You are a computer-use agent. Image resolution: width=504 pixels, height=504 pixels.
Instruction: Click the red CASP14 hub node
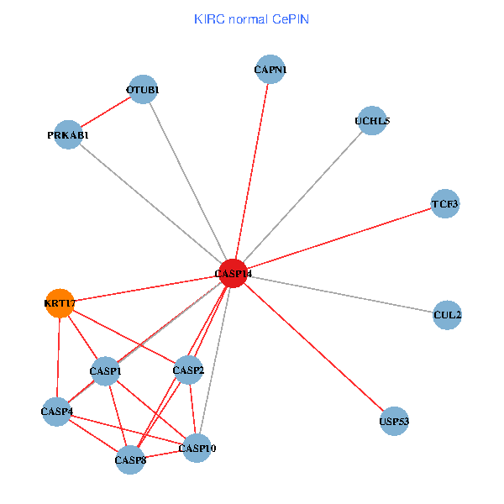(x=233, y=273)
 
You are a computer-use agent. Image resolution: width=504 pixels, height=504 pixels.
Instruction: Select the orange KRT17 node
(x=60, y=303)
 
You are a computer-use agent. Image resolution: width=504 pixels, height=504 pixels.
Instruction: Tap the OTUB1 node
(x=143, y=90)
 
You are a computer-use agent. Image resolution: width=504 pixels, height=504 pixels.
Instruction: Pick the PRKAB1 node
(x=68, y=135)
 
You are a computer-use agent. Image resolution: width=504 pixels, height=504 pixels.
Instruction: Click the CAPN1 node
(x=270, y=71)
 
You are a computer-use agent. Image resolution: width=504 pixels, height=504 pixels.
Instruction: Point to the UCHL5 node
(x=372, y=121)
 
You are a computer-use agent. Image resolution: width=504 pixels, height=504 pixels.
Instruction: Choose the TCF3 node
(x=445, y=204)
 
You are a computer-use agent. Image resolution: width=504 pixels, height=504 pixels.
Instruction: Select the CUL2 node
(x=447, y=315)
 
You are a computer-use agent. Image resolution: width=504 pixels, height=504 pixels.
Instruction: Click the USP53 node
(x=394, y=421)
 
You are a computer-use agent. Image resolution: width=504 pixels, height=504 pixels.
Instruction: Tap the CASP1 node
(x=106, y=371)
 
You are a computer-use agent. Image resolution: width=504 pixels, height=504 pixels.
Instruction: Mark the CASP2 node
(x=188, y=370)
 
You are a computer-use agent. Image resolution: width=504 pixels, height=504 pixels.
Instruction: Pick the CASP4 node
(x=57, y=412)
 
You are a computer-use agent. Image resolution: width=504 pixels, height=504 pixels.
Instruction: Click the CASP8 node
(x=130, y=459)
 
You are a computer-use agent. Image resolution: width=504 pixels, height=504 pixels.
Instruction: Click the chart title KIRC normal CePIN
(x=251, y=18)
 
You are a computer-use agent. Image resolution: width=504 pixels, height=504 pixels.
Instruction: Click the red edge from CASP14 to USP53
(x=313, y=347)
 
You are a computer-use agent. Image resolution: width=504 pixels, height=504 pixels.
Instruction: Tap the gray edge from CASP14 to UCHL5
(x=302, y=197)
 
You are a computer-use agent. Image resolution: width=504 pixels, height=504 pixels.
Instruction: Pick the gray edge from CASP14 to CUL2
(x=340, y=294)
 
